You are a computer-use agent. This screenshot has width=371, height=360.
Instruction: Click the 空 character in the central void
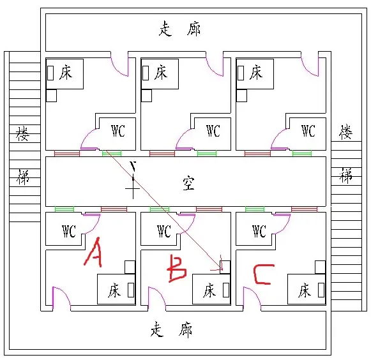(188, 183)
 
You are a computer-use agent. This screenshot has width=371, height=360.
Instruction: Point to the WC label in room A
(69, 231)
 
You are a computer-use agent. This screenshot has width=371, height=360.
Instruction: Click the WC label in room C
(259, 231)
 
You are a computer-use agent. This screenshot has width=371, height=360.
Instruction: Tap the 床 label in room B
(209, 290)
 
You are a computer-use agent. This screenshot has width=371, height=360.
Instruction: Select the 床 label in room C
(305, 290)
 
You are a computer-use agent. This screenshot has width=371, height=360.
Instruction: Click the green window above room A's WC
(64, 209)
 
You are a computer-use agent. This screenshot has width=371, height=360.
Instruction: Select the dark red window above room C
(305, 209)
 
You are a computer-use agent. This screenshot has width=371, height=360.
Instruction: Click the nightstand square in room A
(130, 267)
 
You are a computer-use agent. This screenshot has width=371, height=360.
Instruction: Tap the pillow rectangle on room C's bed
(321, 290)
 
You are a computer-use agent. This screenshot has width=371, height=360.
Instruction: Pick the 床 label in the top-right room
(256, 72)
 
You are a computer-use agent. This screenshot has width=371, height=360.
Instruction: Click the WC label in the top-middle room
(213, 131)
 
